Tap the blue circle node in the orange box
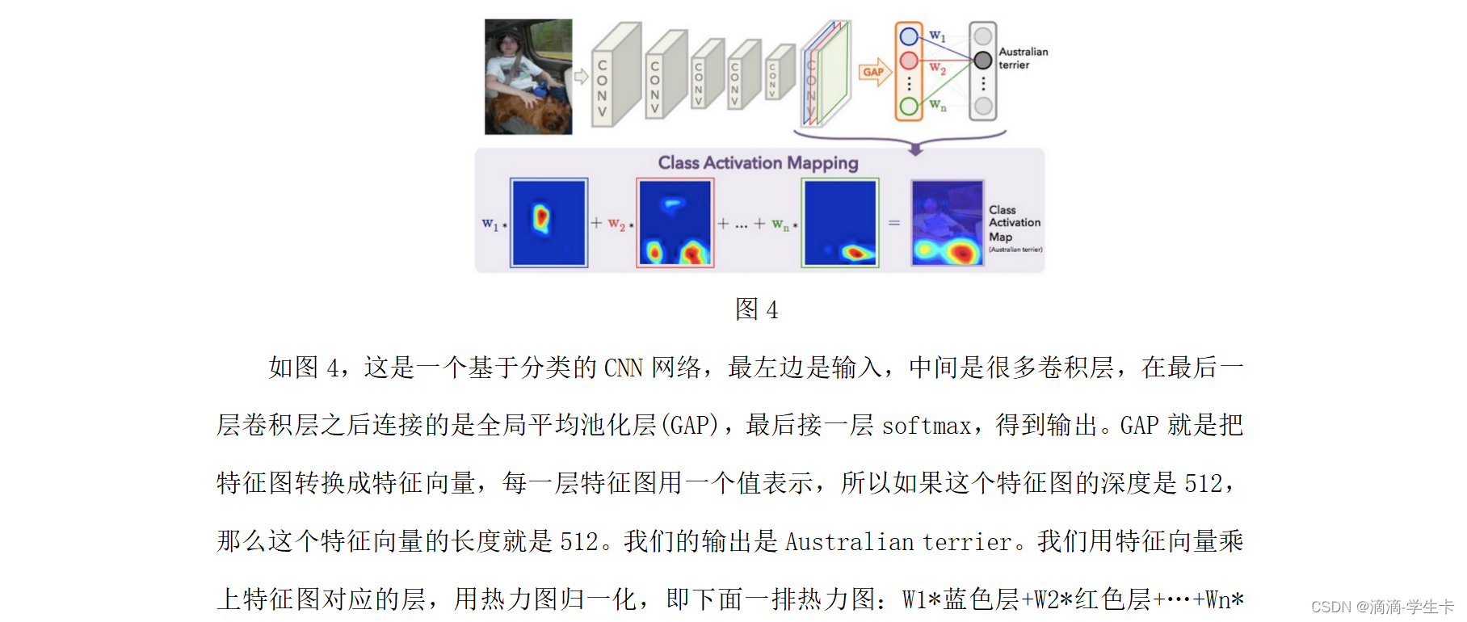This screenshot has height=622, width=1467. [909, 36]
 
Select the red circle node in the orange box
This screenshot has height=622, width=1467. [909, 61]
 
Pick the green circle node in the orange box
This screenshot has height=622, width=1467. [909, 106]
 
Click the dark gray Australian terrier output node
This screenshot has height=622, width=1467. [982, 60]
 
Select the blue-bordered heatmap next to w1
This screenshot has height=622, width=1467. [549, 223]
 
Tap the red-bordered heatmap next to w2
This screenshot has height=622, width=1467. [675, 223]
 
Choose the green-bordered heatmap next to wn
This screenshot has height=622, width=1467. [840, 223]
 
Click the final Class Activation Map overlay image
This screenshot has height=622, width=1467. [948, 223]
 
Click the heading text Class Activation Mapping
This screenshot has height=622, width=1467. [758, 163]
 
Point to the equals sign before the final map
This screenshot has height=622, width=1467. [894, 223]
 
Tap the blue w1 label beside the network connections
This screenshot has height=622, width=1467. [937, 36]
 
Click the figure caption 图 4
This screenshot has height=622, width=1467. [756, 309]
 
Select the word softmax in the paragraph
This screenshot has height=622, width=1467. [926, 426]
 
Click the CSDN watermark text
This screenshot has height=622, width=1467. [1381, 607]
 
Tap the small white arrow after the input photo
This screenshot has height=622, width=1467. [581, 77]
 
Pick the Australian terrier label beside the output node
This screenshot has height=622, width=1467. [1023, 58]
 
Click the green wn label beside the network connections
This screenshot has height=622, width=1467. [937, 105]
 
